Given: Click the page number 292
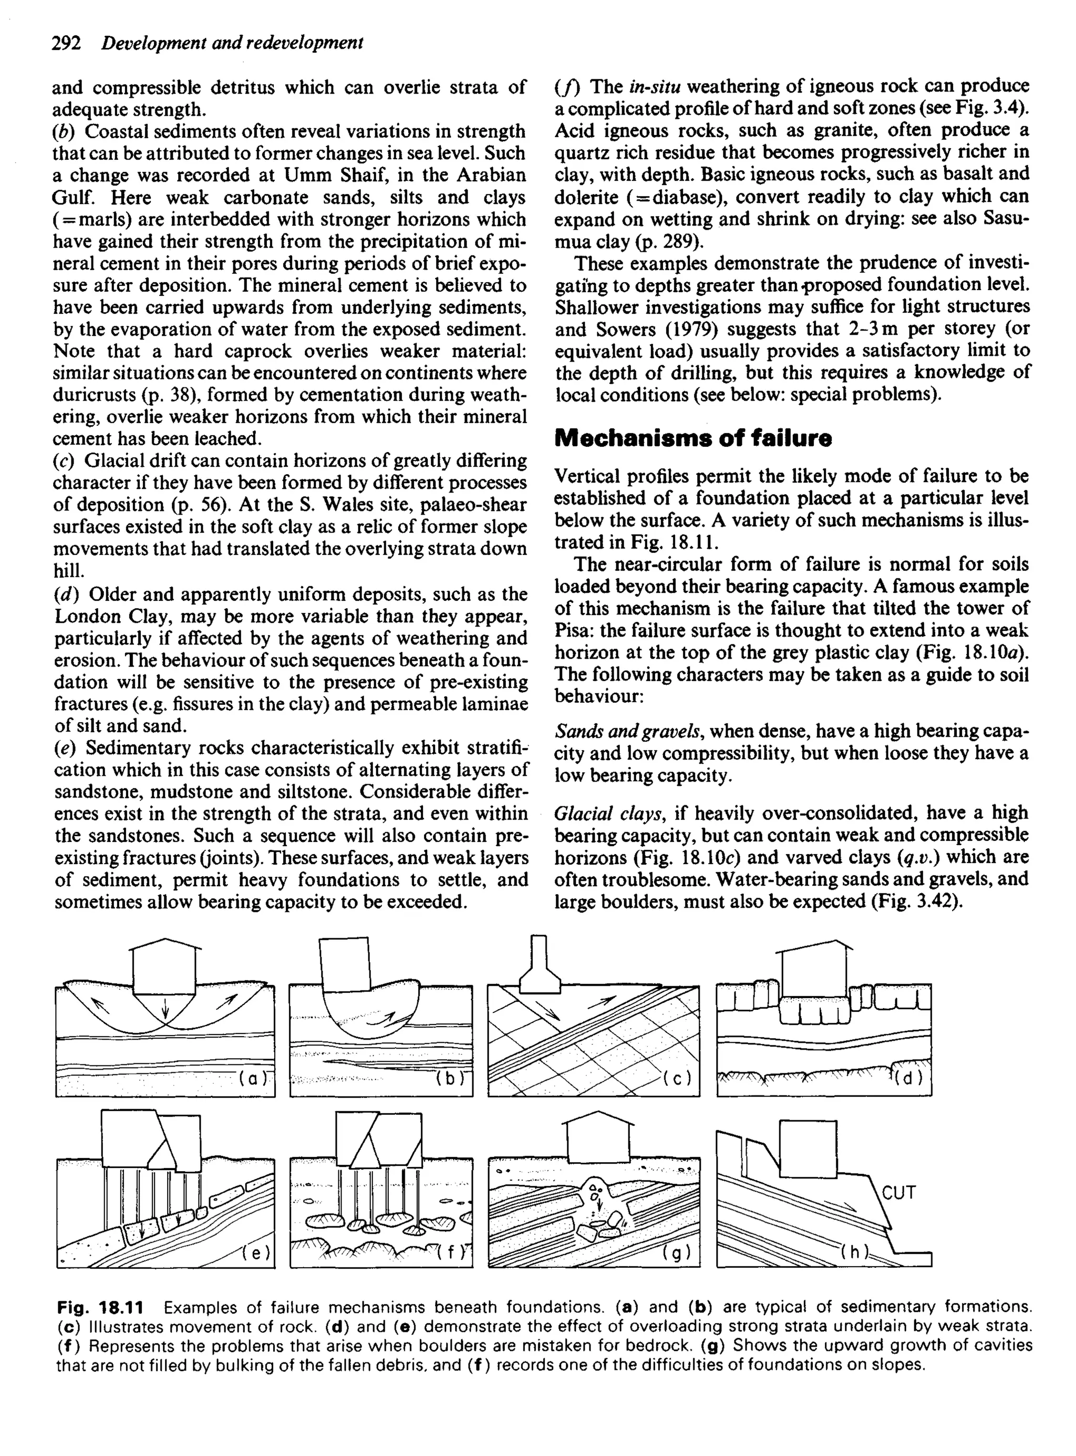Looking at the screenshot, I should pos(66,43).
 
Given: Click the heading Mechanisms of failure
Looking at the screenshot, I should pos(693,438).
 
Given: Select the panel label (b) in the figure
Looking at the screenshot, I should pos(449,1079).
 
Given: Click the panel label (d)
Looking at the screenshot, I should pos(908,1078).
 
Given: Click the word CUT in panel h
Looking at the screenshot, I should pos(899,1192).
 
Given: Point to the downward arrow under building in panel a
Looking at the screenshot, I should pos(165,1007).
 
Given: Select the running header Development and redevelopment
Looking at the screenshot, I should pos(233,43).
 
